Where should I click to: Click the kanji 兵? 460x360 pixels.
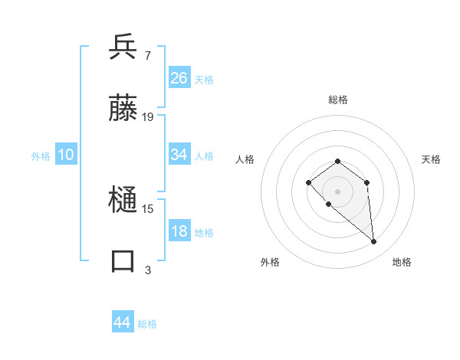tap(123, 48)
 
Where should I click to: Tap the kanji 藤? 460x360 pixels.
tap(123, 109)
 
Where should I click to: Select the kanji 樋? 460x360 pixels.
tap(123, 201)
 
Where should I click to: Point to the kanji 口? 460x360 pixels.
tap(123, 261)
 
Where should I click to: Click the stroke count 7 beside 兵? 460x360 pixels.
tap(147, 56)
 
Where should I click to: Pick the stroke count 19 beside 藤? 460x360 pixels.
tap(148, 116)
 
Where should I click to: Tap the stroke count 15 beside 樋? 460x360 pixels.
tap(148, 209)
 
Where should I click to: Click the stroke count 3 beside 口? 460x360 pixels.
tap(147, 270)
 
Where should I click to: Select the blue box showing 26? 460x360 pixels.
tap(179, 78)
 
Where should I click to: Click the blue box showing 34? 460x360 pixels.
tap(179, 155)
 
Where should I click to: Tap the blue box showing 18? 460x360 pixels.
tap(179, 231)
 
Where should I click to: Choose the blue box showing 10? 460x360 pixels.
tap(65, 155)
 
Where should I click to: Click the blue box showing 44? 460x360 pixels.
tap(123, 322)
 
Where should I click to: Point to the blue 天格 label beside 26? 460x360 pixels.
tap(204, 80)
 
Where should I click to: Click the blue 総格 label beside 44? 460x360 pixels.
tap(147, 324)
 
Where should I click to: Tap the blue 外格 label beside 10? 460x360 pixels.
tap(41, 156)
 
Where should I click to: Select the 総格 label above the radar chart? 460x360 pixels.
tap(337, 100)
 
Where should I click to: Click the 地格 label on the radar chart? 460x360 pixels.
tap(402, 262)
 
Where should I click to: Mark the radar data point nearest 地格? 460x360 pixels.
tap(374, 242)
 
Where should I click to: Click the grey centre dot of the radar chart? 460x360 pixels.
tap(337, 191)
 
